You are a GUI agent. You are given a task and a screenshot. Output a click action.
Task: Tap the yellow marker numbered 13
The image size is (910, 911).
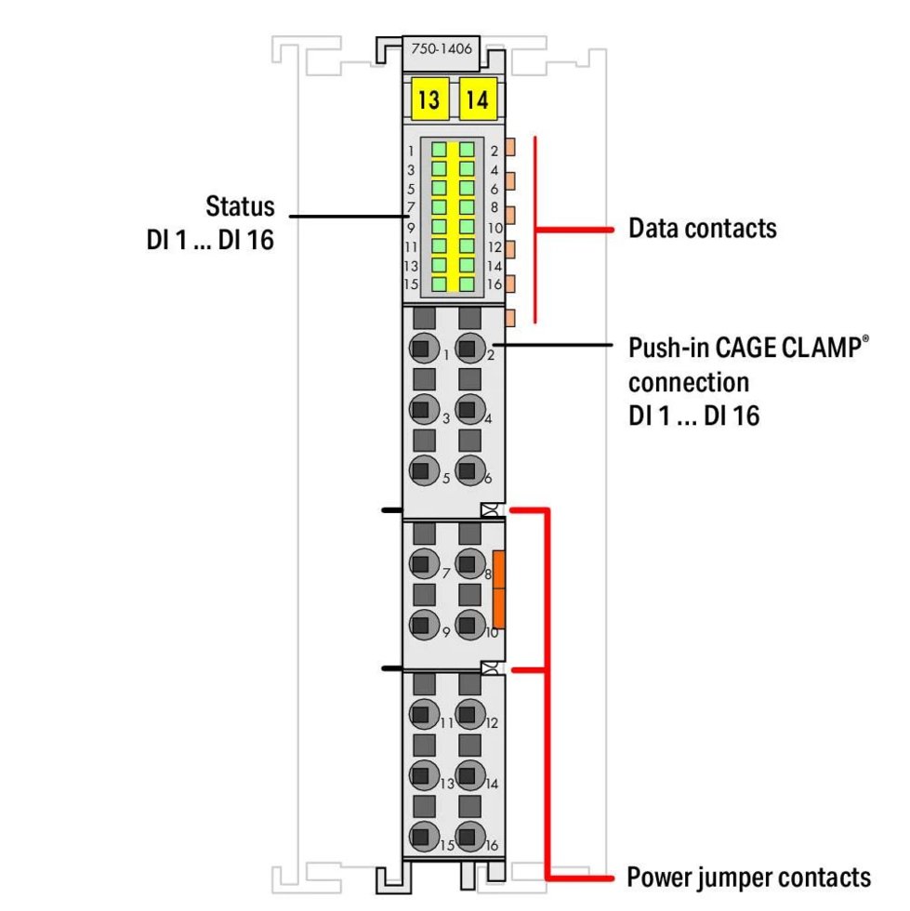pos(429,99)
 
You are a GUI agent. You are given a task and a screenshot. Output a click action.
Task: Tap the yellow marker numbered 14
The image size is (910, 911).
pos(477,99)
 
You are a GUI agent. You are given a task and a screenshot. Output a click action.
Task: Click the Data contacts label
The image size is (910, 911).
pos(702,228)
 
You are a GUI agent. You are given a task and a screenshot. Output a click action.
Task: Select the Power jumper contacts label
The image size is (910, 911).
pos(748,877)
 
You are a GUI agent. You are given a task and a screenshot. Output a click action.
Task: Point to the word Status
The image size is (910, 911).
pos(240,205)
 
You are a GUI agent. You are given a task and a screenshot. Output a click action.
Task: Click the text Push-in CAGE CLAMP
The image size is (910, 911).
pos(749,349)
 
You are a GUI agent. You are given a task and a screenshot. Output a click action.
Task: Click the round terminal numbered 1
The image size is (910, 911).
pos(424,350)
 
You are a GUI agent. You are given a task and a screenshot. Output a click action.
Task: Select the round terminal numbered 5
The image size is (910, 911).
pos(424,471)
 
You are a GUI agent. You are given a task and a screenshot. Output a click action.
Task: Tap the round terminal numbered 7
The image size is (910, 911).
pos(424,563)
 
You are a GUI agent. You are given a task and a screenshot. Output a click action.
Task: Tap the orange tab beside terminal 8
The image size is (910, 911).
pos(499,588)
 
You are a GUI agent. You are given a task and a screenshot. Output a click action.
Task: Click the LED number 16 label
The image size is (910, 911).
pos(495,284)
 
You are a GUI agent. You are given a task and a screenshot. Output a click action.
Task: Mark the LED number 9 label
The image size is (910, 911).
pos(410,228)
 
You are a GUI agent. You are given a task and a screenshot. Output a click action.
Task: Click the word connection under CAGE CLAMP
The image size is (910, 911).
pos(688,382)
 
